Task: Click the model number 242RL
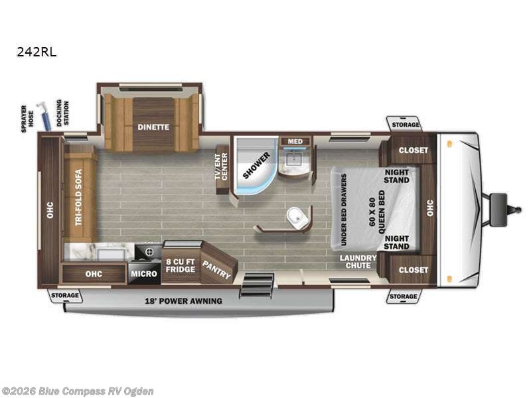(x=37, y=52)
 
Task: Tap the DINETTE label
(x=153, y=127)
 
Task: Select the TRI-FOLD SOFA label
(x=78, y=197)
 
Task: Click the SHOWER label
(x=257, y=165)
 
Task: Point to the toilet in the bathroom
(x=297, y=217)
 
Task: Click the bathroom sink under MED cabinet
(x=292, y=159)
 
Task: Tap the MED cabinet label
(x=295, y=141)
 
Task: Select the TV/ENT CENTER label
(x=221, y=166)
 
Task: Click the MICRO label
(x=144, y=273)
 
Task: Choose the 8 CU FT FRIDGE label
(x=181, y=266)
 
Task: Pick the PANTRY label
(x=216, y=269)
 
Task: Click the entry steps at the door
(x=257, y=285)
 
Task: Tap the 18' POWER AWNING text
(x=184, y=301)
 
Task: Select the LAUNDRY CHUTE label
(x=358, y=261)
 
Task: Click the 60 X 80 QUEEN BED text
(x=377, y=212)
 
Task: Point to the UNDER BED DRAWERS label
(x=343, y=210)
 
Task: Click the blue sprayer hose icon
(x=44, y=115)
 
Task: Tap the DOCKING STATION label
(x=62, y=113)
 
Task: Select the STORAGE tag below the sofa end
(x=64, y=295)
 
